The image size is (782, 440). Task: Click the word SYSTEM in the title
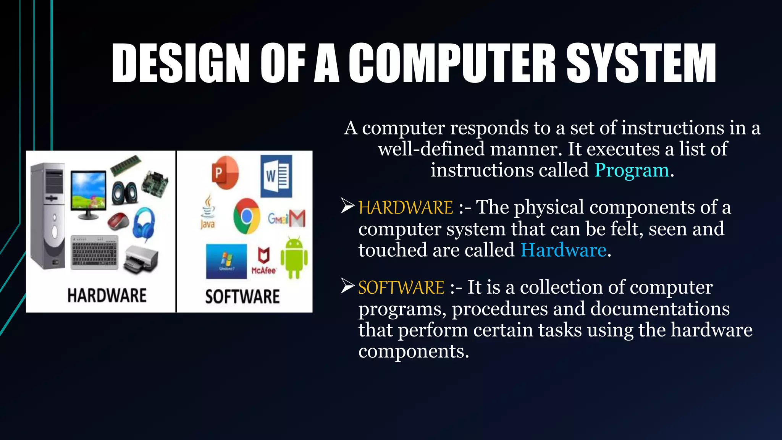tap(641, 63)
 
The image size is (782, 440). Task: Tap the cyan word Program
tap(632, 170)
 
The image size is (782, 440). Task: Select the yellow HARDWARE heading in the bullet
tap(406, 207)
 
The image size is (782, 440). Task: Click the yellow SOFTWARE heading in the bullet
tap(401, 287)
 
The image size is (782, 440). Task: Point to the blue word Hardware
tap(563, 250)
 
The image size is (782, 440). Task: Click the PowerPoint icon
tap(225, 173)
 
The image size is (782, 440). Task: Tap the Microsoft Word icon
tap(276, 176)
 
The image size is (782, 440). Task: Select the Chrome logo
tap(247, 216)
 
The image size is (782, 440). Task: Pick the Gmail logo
tap(287, 218)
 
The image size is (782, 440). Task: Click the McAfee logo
tap(263, 261)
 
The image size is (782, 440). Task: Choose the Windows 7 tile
tap(226, 262)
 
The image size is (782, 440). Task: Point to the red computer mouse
tap(118, 221)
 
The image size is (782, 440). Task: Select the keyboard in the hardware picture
tap(95, 252)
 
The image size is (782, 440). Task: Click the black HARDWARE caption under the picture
tap(107, 296)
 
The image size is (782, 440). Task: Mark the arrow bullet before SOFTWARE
tap(347, 286)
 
